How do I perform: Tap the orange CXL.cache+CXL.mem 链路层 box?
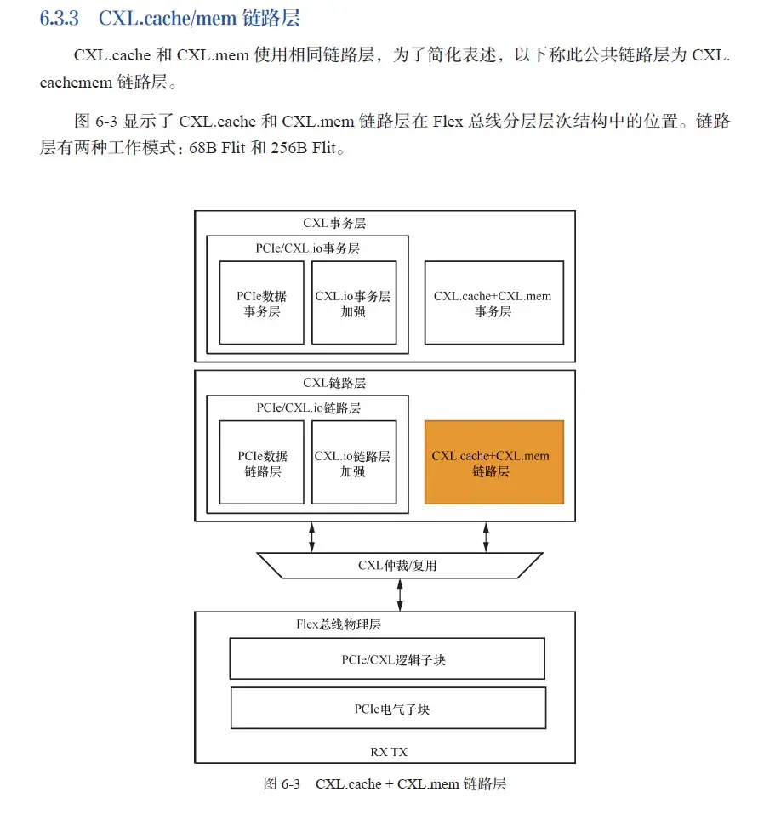(493, 462)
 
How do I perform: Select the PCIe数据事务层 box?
(262, 303)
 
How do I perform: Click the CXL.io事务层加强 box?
(353, 303)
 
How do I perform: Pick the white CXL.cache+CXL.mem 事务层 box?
(493, 303)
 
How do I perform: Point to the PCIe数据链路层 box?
(262, 462)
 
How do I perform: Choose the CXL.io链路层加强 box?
(353, 462)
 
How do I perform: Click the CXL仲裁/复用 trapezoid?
(398, 565)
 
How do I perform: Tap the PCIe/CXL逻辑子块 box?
(387, 659)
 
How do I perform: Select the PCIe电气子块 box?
(388, 708)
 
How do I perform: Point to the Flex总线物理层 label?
(338, 625)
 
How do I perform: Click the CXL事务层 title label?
(334, 224)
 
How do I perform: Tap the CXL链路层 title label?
(334, 383)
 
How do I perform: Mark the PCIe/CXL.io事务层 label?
(308, 248)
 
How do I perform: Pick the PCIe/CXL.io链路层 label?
(308, 407)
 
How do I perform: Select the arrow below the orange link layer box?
(486, 537)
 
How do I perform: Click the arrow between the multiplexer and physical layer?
(400, 595)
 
